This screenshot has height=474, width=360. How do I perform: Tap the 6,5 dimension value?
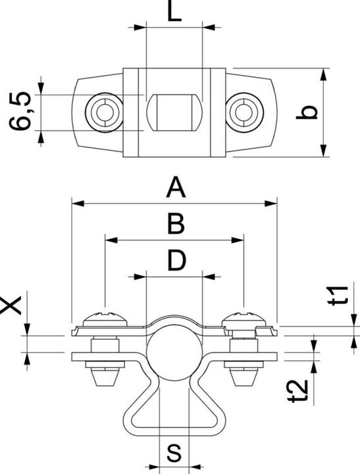[x=20, y=111]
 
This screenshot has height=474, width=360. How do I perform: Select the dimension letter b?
[x=307, y=112]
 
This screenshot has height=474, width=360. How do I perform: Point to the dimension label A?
[x=176, y=188]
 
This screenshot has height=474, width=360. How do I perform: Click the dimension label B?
[x=176, y=224]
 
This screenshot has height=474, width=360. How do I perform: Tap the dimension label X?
[x=11, y=305]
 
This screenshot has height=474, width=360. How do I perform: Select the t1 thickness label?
[x=338, y=295]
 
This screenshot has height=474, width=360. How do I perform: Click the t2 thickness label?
[x=298, y=391]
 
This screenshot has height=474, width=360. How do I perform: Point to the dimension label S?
[x=174, y=452]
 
